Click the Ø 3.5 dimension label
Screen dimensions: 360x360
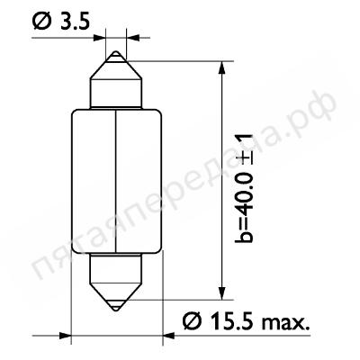point(61,22)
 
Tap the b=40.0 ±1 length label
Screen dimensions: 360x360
point(244,188)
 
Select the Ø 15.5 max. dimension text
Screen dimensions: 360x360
point(246,321)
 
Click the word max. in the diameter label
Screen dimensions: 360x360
point(285,323)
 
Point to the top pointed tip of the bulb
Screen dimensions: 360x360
point(116,51)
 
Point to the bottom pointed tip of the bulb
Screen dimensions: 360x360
point(116,310)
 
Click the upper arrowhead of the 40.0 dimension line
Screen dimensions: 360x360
point(221,67)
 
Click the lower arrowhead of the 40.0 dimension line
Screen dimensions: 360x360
point(221,293)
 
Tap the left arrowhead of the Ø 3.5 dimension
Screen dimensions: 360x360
point(100,38)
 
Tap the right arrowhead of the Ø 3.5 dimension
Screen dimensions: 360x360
point(132,38)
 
